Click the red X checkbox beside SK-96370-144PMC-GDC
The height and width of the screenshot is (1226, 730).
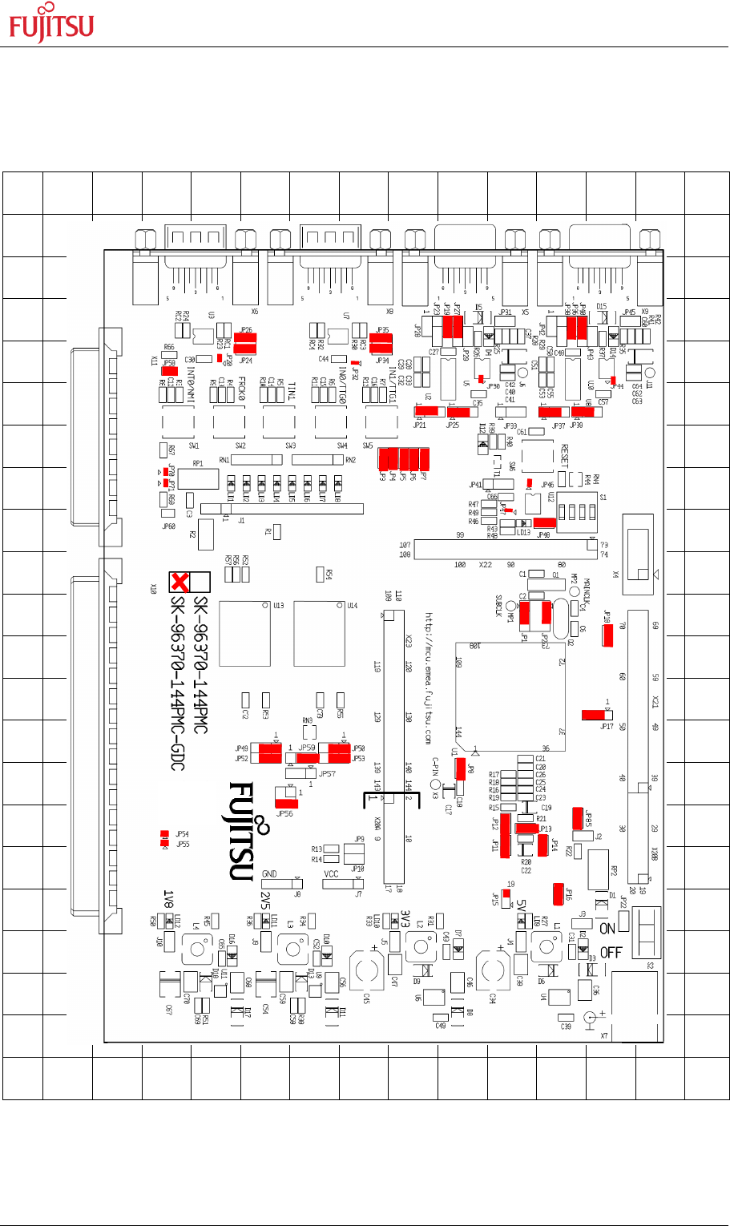(x=179, y=581)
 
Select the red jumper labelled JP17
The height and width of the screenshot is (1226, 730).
(x=594, y=714)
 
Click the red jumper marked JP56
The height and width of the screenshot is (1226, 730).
(x=285, y=801)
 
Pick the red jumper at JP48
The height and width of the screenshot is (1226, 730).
(x=544, y=523)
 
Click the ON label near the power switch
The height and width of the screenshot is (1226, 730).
(x=607, y=929)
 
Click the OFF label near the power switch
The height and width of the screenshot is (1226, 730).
(x=611, y=953)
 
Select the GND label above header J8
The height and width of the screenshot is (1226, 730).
(x=269, y=874)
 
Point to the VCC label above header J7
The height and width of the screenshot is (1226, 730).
(x=331, y=874)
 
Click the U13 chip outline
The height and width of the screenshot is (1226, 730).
(x=244, y=632)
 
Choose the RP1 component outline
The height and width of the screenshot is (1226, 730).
(x=198, y=478)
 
